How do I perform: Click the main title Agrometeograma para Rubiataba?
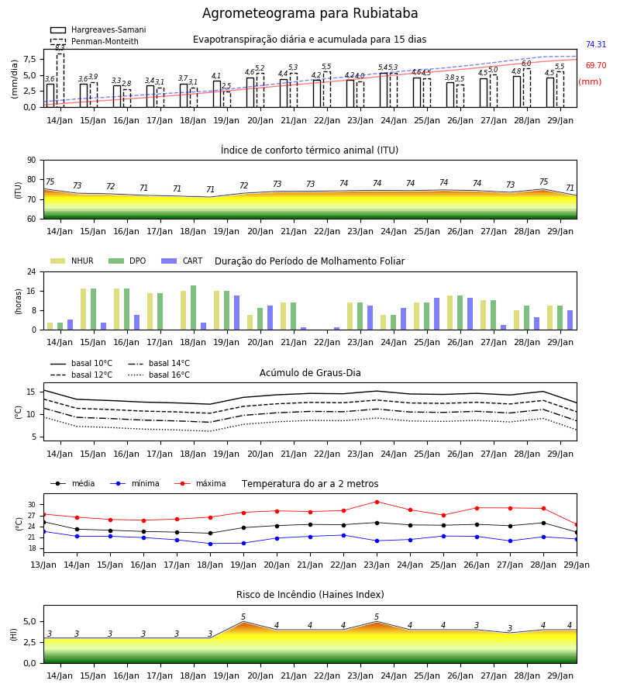[310, 13]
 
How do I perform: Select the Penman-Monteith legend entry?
[95, 41]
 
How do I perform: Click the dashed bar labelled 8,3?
[60, 80]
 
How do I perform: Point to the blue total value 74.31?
[596, 44]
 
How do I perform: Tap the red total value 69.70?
[596, 65]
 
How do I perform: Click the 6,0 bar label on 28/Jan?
[526, 64]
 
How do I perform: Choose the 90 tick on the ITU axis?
[32, 161]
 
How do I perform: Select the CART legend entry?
[182, 261]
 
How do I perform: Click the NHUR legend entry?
[72, 261]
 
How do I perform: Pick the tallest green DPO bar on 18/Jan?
[194, 308]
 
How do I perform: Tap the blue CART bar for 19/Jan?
[236, 313]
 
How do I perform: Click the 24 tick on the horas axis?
[32, 271]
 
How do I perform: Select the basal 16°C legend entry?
[159, 375]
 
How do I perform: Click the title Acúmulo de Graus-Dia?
[310, 373]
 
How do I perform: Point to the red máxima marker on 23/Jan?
[377, 502]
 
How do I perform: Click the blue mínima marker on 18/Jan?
[210, 544]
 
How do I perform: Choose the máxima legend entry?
[200, 483]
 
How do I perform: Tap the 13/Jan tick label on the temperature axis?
[43, 565]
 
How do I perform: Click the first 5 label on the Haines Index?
[243, 617]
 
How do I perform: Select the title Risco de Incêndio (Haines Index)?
[310, 595]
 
